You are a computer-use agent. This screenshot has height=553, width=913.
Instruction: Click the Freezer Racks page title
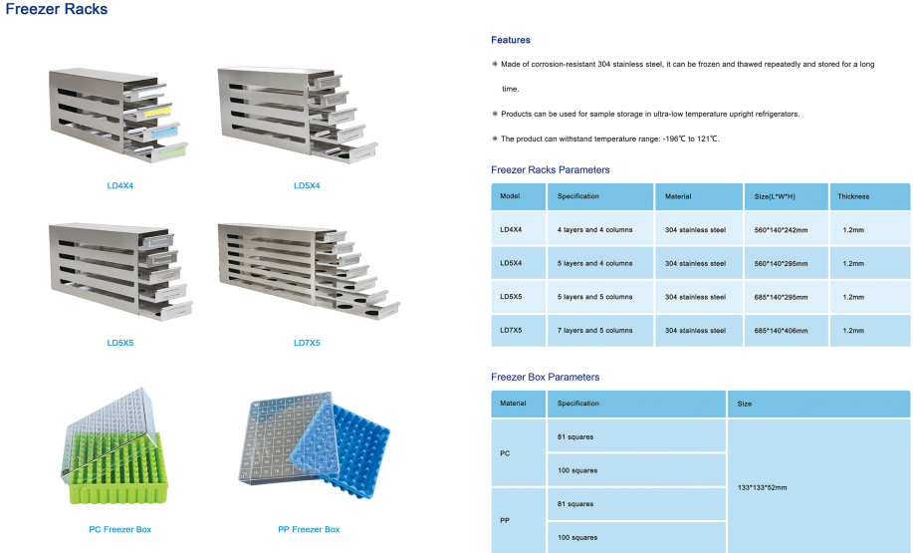click(x=57, y=10)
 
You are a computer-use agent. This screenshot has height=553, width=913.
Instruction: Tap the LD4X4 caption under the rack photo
click(x=120, y=185)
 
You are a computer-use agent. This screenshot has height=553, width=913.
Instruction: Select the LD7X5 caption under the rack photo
click(x=307, y=343)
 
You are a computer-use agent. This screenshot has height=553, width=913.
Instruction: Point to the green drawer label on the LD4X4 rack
click(x=172, y=151)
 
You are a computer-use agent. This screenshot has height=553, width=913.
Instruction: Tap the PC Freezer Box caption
click(x=120, y=529)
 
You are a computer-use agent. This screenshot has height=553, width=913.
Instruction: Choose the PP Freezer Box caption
click(x=309, y=529)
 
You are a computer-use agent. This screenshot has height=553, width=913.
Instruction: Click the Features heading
click(x=511, y=40)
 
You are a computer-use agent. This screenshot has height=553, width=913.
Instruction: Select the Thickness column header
click(x=853, y=196)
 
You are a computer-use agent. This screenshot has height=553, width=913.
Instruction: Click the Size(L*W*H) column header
click(x=775, y=196)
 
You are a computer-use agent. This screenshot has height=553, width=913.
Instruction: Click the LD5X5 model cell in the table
click(x=511, y=297)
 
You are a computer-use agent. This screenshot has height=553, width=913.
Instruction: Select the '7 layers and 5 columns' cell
click(x=594, y=331)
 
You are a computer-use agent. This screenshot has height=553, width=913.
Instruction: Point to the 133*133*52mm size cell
click(x=762, y=487)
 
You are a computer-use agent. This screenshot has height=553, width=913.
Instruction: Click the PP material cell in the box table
click(x=505, y=520)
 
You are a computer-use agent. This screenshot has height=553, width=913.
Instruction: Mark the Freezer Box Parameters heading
click(x=545, y=378)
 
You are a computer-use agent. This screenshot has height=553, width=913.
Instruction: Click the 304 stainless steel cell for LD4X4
click(x=695, y=230)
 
